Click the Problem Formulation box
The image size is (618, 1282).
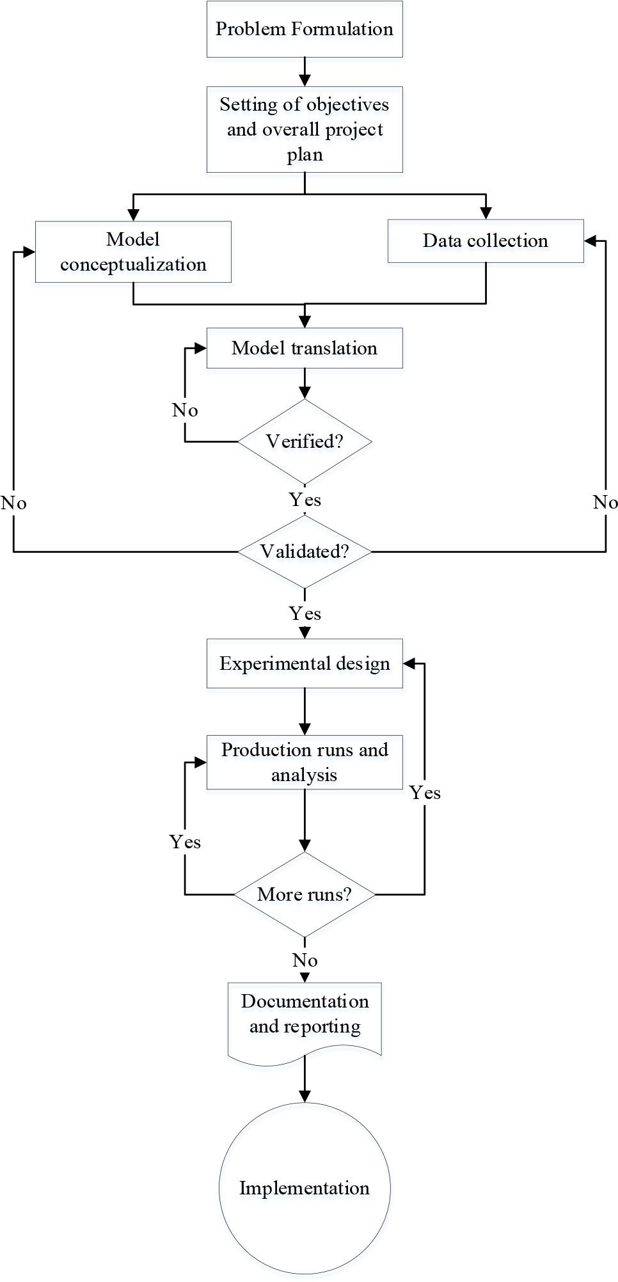tap(305, 29)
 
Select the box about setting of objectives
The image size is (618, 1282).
tap(305, 129)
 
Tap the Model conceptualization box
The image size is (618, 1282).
tap(133, 252)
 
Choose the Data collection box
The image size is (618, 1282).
tap(486, 241)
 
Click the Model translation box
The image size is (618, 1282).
tap(305, 349)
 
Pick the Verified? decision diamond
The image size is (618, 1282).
tap(305, 441)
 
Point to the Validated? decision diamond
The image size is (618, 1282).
tap(305, 551)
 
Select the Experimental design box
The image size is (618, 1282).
tap(305, 663)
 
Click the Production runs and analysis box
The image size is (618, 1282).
tap(305, 762)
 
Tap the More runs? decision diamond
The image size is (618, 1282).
tap(305, 894)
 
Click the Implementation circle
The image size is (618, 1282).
tap(305, 1189)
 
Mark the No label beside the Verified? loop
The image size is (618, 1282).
tap(185, 410)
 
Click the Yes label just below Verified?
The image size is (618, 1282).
tap(305, 500)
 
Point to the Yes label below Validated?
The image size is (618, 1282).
tap(305, 613)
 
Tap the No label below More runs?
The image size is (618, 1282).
tap(305, 960)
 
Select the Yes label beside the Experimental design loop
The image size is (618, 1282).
tap(425, 793)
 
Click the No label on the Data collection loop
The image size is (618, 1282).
tap(605, 502)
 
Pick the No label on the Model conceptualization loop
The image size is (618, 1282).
tap(13, 503)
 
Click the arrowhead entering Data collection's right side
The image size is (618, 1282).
tap(590, 241)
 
